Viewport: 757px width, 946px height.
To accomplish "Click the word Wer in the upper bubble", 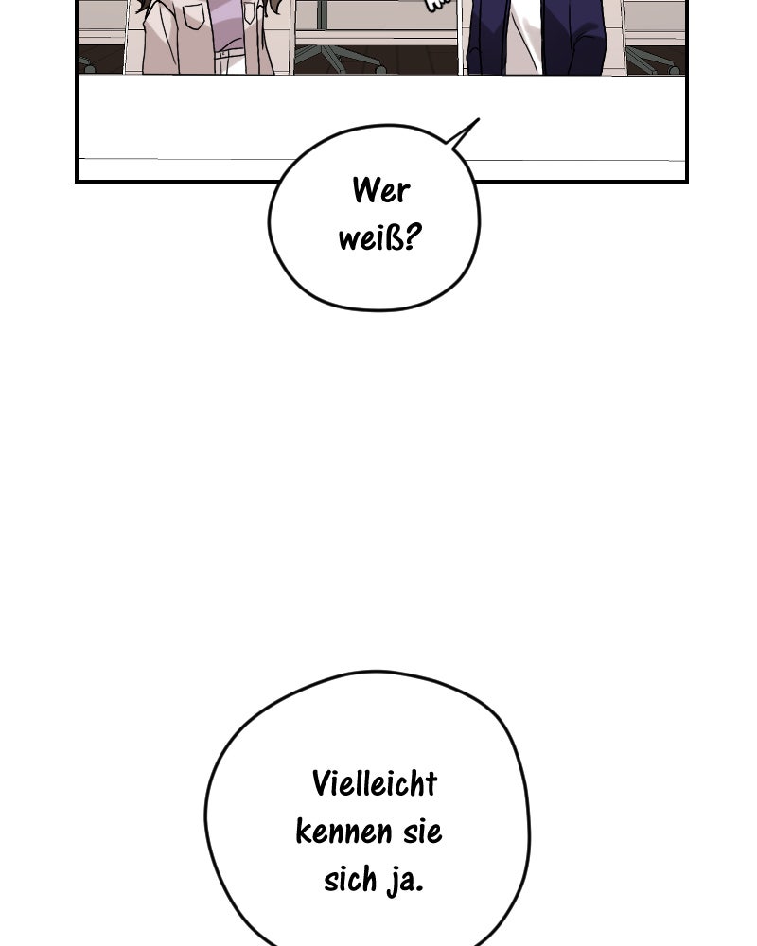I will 380,191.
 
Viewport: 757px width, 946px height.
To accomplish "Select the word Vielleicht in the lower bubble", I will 375,783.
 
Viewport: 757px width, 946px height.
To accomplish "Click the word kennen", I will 343,832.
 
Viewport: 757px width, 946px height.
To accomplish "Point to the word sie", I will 421,832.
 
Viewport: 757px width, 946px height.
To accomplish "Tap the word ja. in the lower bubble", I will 406,881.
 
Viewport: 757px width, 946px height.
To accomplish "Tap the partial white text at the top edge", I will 438,5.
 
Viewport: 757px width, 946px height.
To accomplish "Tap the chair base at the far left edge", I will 87,64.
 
